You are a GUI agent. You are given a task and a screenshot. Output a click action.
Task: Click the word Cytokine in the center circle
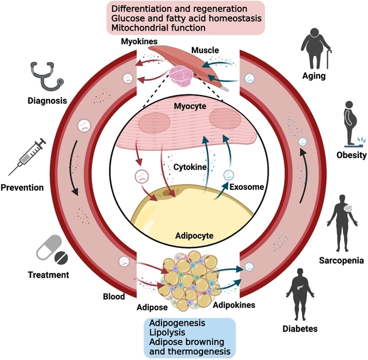tap(189, 167)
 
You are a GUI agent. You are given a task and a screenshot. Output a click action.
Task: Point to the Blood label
tap(113, 296)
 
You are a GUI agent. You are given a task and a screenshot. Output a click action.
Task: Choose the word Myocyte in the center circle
tap(186, 106)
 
